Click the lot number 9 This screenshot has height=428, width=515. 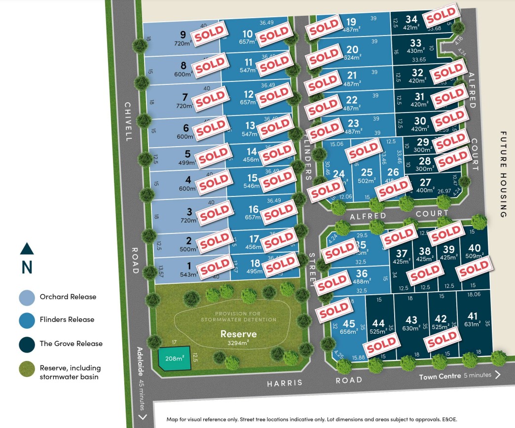[x=183, y=35]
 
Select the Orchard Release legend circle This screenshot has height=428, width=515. [x=27, y=297]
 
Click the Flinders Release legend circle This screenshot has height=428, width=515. [x=27, y=320]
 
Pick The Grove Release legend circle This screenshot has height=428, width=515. [x=27, y=344]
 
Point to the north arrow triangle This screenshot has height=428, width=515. [x=27, y=248]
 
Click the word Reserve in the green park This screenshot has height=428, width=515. [x=239, y=334]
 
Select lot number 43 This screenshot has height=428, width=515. [x=411, y=320]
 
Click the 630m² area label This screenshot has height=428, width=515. [x=410, y=328]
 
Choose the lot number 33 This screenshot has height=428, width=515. [x=416, y=43]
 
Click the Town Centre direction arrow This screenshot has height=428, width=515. [x=497, y=375]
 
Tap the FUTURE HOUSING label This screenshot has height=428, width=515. [x=503, y=174]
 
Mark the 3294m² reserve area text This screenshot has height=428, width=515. [x=239, y=343]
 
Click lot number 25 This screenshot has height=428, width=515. [x=367, y=172]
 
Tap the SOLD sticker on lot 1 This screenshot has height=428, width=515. [x=215, y=267]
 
